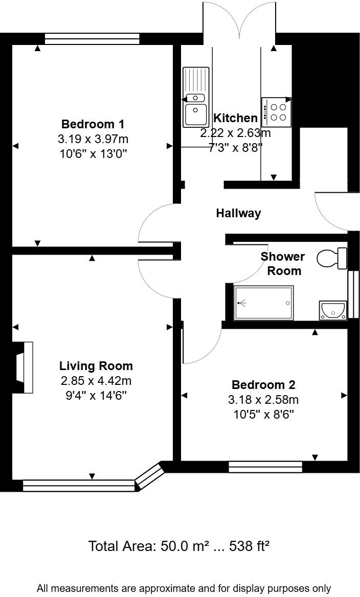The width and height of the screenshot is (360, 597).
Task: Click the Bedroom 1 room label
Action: click(x=93, y=124)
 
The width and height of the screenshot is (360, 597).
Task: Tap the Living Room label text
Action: click(x=96, y=366)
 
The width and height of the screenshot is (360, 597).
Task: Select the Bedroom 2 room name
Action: click(x=263, y=385)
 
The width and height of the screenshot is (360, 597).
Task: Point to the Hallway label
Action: click(x=238, y=213)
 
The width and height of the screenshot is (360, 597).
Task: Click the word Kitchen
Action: click(x=235, y=118)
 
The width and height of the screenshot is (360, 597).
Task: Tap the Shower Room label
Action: click(x=283, y=263)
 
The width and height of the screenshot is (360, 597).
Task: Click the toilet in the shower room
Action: click(x=332, y=258)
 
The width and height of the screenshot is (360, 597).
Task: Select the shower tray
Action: click(x=264, y=303)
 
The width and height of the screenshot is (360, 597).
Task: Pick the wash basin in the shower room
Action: click(x=332, y=310)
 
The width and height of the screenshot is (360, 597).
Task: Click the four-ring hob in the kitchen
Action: click(x=277, y=112)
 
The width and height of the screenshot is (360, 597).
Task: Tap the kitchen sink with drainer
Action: click(x=196, y=97)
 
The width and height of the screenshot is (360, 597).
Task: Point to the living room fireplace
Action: click(x=24, y=368)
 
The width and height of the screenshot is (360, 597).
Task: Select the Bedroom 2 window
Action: click(x=265, y=467)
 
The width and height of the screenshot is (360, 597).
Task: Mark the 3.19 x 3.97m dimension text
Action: click(x=93, y=139)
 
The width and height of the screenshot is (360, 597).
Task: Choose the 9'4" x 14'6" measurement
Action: click(x=96, y=395)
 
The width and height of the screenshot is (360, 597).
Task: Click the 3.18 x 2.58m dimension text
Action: click(x=263, y=399)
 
